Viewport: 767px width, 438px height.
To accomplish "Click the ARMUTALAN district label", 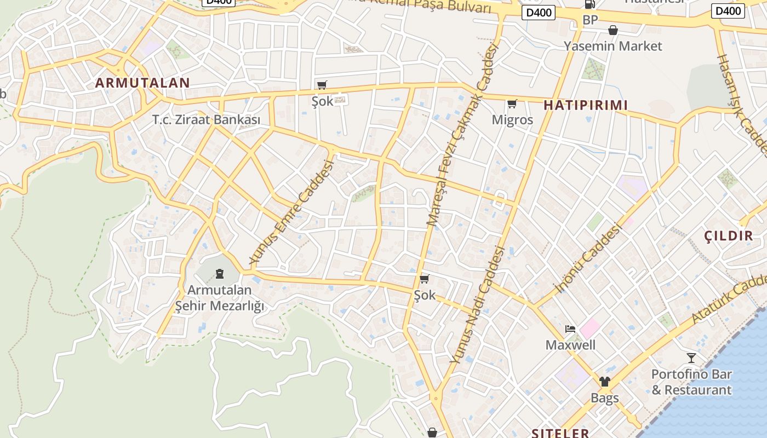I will (142, 83).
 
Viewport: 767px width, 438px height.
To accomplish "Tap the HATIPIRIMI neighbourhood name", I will (585, 106).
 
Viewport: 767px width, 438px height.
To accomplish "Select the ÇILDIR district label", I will (728, 236).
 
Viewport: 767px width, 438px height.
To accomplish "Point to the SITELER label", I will (560, 433).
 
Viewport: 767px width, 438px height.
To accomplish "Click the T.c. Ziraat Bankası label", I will (206, 119).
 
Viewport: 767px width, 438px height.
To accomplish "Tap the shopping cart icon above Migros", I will (512, 103).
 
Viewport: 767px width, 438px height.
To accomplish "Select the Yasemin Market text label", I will (613, 46).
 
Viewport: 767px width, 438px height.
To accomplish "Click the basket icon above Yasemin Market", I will (613, 30).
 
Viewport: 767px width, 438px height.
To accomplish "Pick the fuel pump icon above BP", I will (589, 4).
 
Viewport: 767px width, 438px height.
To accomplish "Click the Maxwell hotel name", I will (570, 345).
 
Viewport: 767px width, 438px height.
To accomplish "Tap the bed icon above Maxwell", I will (570, 329).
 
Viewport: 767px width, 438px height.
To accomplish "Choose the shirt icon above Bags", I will (604, 382).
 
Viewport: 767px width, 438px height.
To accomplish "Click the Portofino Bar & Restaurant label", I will (691, 382).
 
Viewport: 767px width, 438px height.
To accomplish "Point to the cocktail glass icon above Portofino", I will (691, 358).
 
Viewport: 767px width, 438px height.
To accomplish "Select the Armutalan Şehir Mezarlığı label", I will (219, 298).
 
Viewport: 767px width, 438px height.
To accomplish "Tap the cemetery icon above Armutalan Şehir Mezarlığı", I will (220, 273).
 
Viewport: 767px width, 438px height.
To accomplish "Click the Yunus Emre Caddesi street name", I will (291, 212).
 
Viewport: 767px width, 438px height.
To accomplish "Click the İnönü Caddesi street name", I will (588, 257).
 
